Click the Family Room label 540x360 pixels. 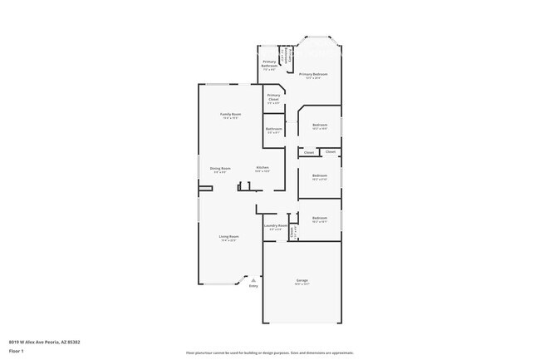click(230, 114)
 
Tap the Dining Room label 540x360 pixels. click(220, 168)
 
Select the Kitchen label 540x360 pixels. click(263, 168)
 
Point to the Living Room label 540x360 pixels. click(228, 237)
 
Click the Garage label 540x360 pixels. click(302, 280)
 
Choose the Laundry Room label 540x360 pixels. click(276, 225)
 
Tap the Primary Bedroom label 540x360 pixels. click(313, 75)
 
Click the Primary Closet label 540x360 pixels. click(273, 98)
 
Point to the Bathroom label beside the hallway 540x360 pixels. click(273, 129)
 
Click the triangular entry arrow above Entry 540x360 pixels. click(253, 280)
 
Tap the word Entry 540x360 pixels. click(253, 286)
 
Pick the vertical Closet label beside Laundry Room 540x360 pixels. click(292, 232)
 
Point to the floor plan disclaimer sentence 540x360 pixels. click(269, 353)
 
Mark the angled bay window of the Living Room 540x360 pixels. click(240, 279)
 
